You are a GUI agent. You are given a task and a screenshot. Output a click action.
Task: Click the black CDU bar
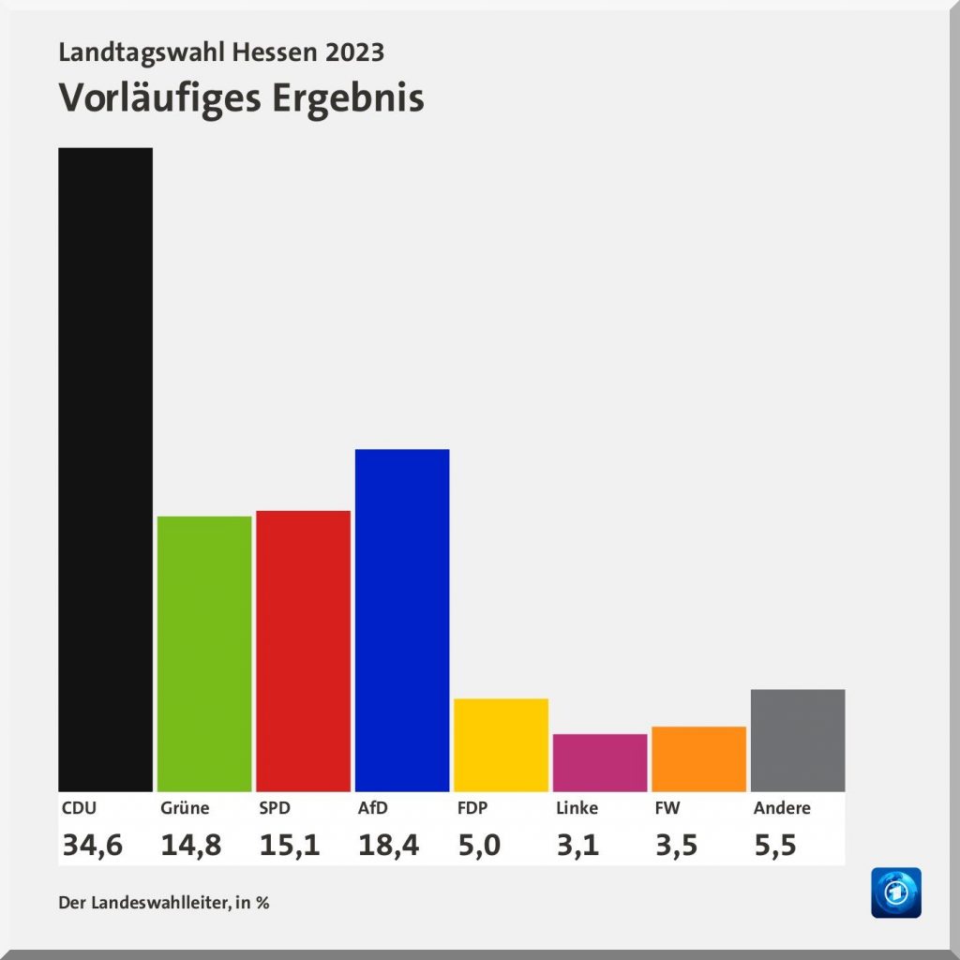tap(105, 469)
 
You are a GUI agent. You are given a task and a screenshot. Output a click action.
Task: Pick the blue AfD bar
tap(402, 620)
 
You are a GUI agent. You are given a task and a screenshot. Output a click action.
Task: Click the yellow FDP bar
tap(501, 744)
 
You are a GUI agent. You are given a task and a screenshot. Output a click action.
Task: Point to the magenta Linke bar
tap(600, 762)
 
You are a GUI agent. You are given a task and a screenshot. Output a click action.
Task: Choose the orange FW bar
tap(698, 758)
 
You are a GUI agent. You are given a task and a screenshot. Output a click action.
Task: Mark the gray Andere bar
tap(798, 740)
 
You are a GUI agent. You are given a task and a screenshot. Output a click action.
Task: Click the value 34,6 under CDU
tap(92, 846)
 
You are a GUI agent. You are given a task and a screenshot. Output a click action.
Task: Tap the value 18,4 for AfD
tap(388, 846)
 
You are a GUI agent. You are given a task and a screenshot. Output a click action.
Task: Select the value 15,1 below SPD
tap(290, 846)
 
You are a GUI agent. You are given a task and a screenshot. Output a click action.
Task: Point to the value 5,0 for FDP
tap(478, 846)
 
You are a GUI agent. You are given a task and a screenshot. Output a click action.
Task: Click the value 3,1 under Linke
tap(577, 846)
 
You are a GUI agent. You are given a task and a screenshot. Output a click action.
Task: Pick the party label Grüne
tap(185, 808)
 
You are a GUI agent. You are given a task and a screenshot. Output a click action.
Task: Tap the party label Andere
tap(782, 808)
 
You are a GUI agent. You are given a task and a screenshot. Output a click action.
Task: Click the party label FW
tap(667, 808)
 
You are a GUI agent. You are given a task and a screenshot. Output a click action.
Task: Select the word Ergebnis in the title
tap(348, 98)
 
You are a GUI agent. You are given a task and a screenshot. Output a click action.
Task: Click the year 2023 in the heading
tap(354, 52)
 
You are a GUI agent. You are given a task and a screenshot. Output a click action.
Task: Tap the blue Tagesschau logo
tap(895, 892)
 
